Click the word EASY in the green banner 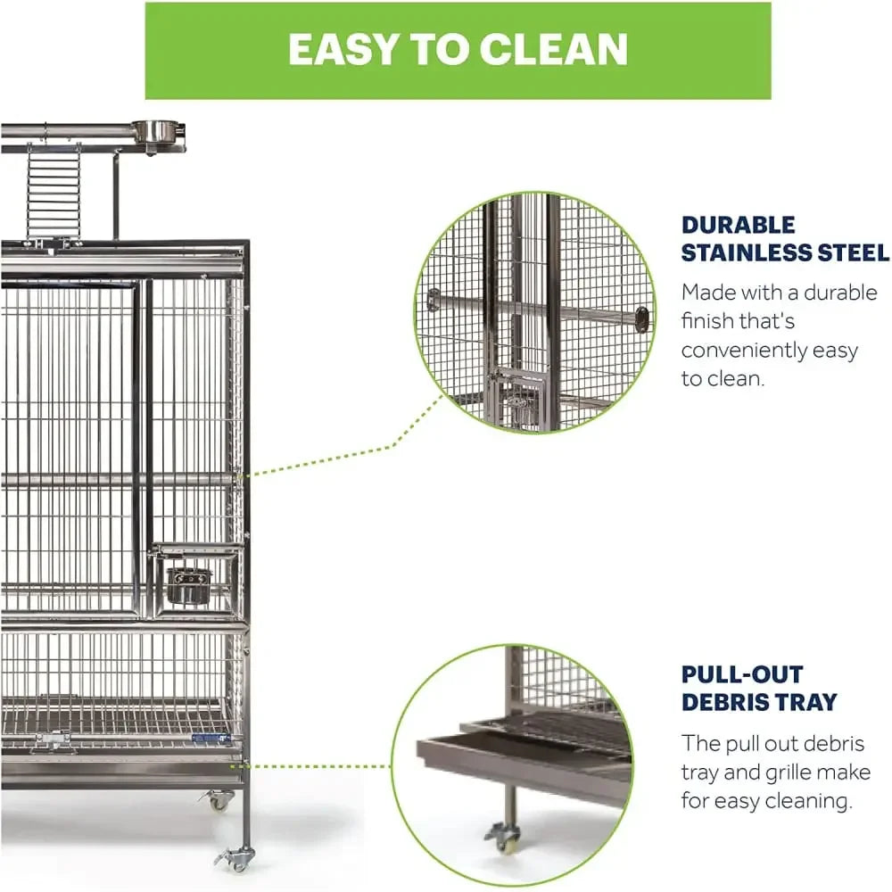click(343, 49)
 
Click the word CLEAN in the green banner click(554, 49)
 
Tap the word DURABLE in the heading click(738, 225)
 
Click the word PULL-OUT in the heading click(742, 674)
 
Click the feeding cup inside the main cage click(189, 586)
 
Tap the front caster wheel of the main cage click(235, 858)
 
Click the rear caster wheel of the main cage click(218, 800)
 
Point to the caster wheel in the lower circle click(503, 838)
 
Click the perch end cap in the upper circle click(641, 319)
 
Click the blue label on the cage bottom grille click(211, 739)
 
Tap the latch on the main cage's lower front click(54, 740)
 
